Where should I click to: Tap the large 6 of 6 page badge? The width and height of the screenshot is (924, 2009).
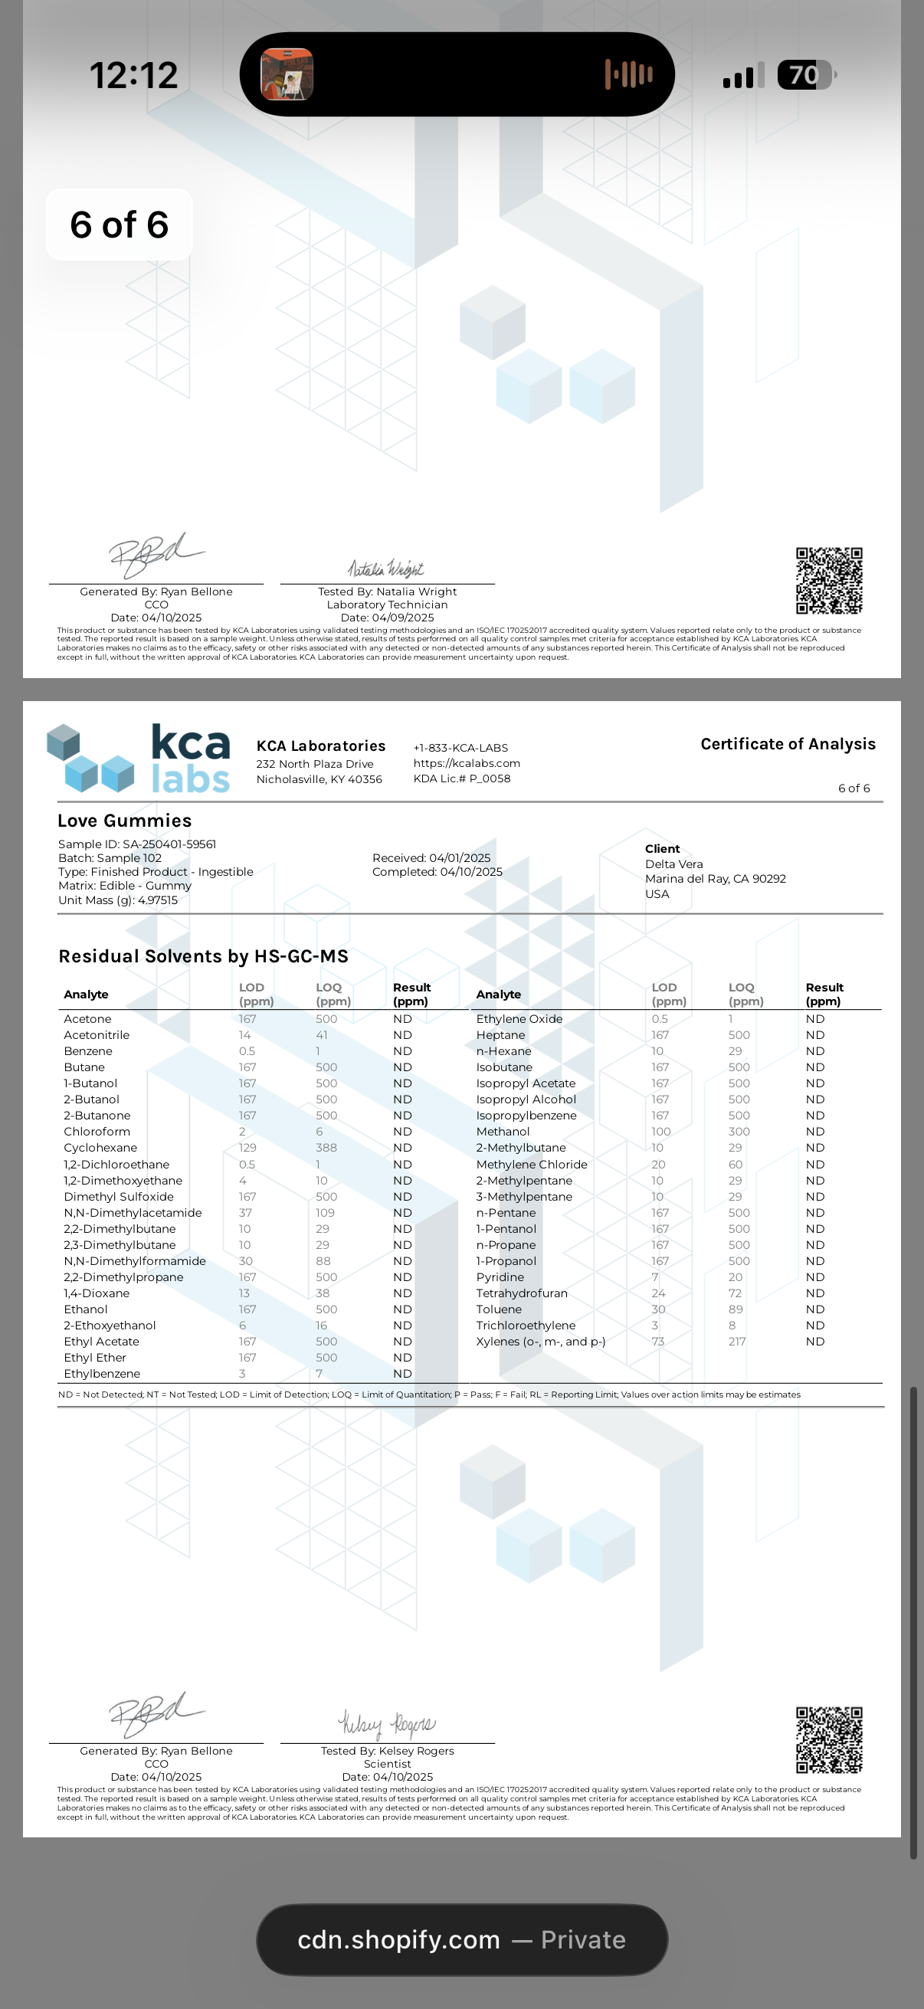[120, 224]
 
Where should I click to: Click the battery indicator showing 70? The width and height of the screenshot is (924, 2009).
[804, 76]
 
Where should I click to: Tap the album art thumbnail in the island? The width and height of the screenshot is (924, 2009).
[287, 75]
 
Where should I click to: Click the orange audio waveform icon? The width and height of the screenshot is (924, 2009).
[628, 75]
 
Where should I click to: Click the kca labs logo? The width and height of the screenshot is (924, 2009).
[139, 758]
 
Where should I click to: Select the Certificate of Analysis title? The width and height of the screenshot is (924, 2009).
[788, 744]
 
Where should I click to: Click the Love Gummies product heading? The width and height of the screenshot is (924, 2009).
[125, 821]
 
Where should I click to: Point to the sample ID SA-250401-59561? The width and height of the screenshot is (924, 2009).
[169, 844]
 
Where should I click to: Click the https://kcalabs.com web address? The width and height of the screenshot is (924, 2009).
[467, 762]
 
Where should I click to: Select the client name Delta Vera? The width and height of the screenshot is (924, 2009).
[673, 864]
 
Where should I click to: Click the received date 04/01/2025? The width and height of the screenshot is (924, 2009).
[460, 858]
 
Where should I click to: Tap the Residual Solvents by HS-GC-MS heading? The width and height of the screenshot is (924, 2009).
[204, 956]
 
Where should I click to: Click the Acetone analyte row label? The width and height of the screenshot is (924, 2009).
[87, 1018]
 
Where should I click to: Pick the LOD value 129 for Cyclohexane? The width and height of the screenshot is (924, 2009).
[247, 1147]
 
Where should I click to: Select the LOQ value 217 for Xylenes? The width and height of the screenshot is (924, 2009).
[737, 1342]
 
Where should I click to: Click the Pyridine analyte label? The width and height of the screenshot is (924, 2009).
[500, 1277]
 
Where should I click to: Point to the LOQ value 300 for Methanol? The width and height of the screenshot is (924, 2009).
[739, 1132]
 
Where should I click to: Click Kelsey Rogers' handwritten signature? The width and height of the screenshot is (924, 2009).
[387, 1723]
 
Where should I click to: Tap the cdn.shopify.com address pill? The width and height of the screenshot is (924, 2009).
[461, 1939]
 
